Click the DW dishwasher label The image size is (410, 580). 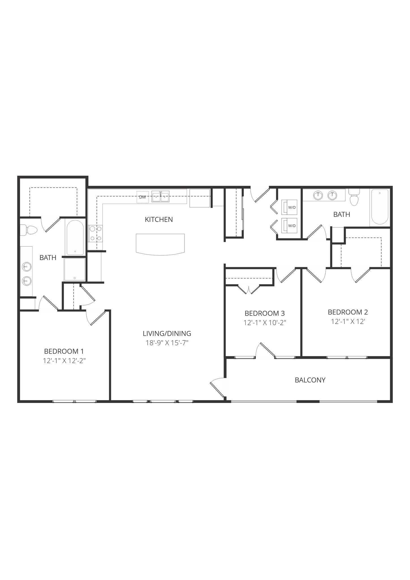(143, 197)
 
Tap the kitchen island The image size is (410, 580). (160, 244)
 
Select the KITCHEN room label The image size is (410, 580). (159, 219)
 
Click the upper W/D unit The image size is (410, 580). (289, 207)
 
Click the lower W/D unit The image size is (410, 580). (289, 225)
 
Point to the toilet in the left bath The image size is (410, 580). (30, 230)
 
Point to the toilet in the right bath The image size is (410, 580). (354, 198)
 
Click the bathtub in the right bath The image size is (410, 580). (380, 207)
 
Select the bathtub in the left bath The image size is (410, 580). (75, 237)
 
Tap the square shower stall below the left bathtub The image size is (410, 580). (75, 269)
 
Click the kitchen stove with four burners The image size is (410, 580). (95, 233)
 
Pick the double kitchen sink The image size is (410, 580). (160, 197)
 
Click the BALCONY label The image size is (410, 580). (310, 380)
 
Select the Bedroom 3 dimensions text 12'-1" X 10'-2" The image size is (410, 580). (265, 323)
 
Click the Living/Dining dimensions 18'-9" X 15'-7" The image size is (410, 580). (167, 343)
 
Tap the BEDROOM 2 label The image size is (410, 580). (348, 312)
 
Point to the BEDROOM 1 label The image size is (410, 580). (64, 351)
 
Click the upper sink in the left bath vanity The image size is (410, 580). (27, 266)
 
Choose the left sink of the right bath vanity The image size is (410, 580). (318, 195)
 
